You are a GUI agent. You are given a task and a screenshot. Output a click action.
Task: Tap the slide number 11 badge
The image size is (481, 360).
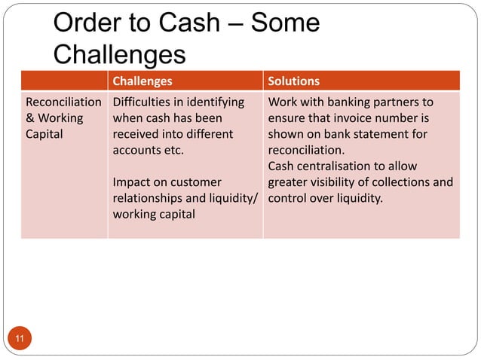point(19,341)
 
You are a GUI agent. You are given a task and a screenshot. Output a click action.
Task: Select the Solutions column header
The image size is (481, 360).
point(293,81)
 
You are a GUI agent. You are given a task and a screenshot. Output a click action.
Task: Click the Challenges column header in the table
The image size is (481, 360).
point(142,81)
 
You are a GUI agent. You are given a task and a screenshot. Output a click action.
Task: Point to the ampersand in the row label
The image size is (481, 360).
point(30,118)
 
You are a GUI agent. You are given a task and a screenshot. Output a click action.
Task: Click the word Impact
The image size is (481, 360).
point(132,182)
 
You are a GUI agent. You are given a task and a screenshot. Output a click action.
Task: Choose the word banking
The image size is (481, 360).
point(345,102)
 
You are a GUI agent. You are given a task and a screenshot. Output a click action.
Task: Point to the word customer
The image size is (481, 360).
point(197,182)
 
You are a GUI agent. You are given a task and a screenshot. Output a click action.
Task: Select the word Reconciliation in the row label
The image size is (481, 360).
point(63,102)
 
